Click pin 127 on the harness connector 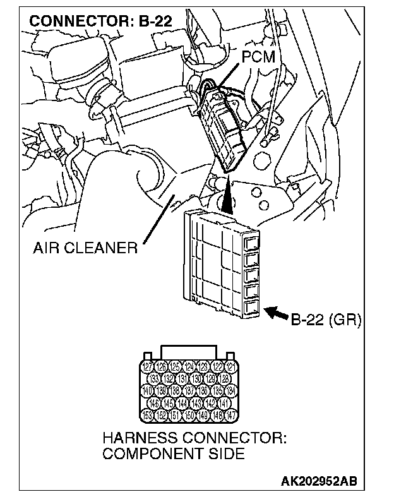[x=147, y=367]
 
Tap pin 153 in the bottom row [x=147, y=415]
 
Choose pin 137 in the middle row [x=189, y=391]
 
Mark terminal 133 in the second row [x=154, y=379]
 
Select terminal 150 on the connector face [x=189, y=415]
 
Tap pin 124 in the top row [x=189, y=367]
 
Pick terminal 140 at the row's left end [x=147, y=391]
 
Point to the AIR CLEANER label [x=85, y=248]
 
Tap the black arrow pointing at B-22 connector [x=277, y=311]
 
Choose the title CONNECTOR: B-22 [x=100, y=21]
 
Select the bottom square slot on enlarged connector [x=251, y=308]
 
